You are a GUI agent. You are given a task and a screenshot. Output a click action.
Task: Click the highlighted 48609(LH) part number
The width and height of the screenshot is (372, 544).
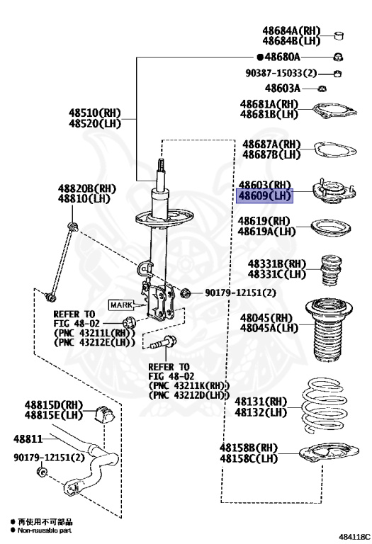coord(264,196)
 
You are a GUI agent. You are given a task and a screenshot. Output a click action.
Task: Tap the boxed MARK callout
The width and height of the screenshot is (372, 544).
coord(121,305)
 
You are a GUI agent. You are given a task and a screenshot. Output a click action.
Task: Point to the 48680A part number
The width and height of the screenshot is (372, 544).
coord(282,57)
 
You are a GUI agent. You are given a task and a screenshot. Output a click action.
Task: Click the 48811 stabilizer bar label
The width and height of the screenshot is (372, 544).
coord(28,439)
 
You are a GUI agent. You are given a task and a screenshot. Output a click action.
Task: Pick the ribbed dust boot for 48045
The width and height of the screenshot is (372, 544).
coord(329,330)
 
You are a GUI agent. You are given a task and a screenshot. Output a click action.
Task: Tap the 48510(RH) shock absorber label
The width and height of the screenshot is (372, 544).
coord(94,113)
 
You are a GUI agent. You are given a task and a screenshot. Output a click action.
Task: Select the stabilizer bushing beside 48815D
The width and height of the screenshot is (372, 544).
coord(104,414)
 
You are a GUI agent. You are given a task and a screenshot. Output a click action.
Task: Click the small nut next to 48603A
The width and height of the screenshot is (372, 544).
coord(322,89)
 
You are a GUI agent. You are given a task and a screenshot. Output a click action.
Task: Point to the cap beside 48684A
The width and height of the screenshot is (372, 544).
coord(339,35)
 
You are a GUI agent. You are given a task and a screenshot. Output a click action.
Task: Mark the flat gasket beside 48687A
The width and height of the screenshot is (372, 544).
coord(335,150)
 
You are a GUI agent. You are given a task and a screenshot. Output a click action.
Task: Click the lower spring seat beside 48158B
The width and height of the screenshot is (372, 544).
coord(329,453)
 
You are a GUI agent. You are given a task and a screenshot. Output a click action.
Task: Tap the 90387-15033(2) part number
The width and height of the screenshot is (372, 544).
coord(281,73)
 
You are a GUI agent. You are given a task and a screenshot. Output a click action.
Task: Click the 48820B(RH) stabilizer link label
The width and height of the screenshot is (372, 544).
coord(86,188)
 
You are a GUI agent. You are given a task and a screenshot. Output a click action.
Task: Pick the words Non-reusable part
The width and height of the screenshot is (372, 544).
coord(45,530)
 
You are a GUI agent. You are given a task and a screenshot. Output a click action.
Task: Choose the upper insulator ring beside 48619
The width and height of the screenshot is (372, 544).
coord(330,228)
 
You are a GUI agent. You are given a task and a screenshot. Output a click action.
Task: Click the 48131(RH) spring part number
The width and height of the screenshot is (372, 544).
coord(261,402)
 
